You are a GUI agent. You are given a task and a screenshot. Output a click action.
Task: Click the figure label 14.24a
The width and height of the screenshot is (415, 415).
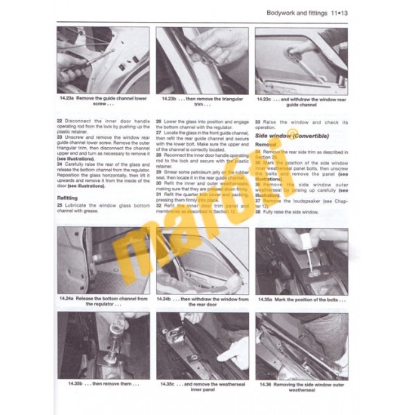point(67,300)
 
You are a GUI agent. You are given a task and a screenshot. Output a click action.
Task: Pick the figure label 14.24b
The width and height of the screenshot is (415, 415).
point(168,300)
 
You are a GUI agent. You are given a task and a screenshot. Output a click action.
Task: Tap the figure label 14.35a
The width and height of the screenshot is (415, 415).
point(267,300)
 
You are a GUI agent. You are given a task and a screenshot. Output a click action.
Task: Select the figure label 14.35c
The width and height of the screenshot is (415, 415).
point(169,383)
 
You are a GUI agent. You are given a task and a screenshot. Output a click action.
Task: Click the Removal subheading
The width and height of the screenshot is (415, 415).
point(266,143)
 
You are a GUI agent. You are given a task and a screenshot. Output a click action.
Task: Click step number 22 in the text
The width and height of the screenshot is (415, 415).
point(60,121)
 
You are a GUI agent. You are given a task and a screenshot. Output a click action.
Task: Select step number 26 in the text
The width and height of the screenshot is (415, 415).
point(158,121)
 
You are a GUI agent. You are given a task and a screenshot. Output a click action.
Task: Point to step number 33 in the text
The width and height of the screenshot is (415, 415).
point(257,121)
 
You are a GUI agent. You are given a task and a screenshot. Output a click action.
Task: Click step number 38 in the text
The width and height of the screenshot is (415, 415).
point(257,213)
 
